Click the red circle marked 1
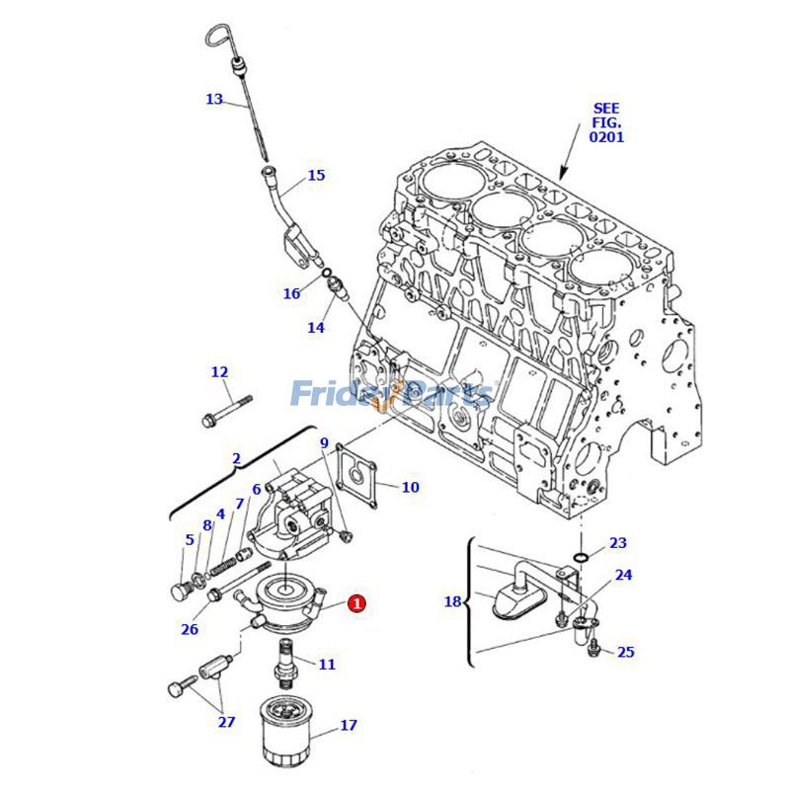click(356, 602)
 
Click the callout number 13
click(215, 99)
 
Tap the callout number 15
click(316, 176)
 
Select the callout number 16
click(291, 293)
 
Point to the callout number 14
click(315, 327)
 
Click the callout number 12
click(219, 372)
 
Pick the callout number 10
click(410, 487)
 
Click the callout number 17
click(349, 726)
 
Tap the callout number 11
click(327, 665)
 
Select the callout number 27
click(227, 722)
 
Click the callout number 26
click(190, 629)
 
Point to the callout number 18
click(452, 601)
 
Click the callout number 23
click(618, 543)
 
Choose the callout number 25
click(626, 652)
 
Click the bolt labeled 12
click(228, 410)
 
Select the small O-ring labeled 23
click(583, 558)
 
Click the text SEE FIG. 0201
click(606, 123)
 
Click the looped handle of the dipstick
click(217, 39)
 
